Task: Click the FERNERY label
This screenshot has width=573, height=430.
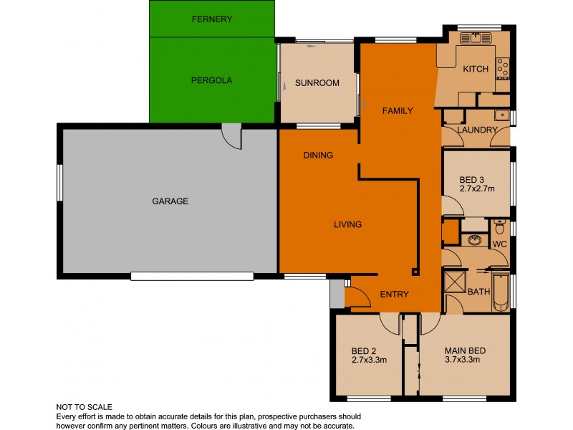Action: [212, 19]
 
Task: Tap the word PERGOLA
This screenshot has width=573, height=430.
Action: [212, 80]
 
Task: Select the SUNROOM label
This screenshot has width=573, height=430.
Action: [317, 83]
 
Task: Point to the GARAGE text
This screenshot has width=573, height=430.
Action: [170, 201]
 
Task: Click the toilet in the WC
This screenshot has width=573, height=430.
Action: [499, 229]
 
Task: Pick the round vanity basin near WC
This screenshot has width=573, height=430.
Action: [474, 239]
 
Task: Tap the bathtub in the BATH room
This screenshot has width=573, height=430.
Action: [501, 291]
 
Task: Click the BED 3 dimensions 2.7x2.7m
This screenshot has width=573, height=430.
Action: [476, 188]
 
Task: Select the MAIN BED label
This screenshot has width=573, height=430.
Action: [465, 350]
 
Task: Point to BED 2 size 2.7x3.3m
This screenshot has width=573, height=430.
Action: [369, 360]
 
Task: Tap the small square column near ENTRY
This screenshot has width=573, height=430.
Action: [414, 272]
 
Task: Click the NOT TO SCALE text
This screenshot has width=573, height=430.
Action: [85, 407]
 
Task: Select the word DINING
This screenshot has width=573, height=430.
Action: [318, 155]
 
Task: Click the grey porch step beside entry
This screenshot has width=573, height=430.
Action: [337, 293]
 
